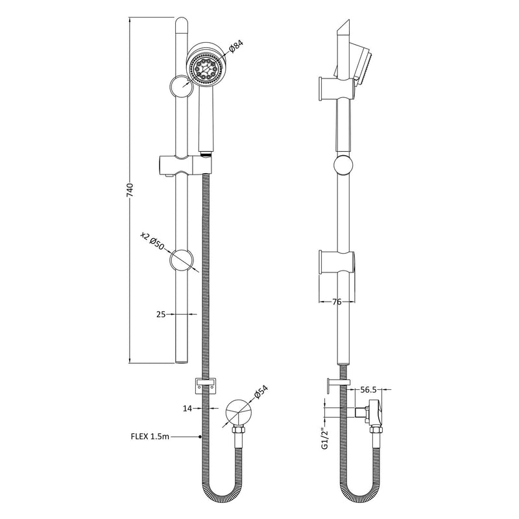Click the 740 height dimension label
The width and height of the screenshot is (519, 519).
pos(130,189)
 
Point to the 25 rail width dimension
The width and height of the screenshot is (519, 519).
pos(161,314)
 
